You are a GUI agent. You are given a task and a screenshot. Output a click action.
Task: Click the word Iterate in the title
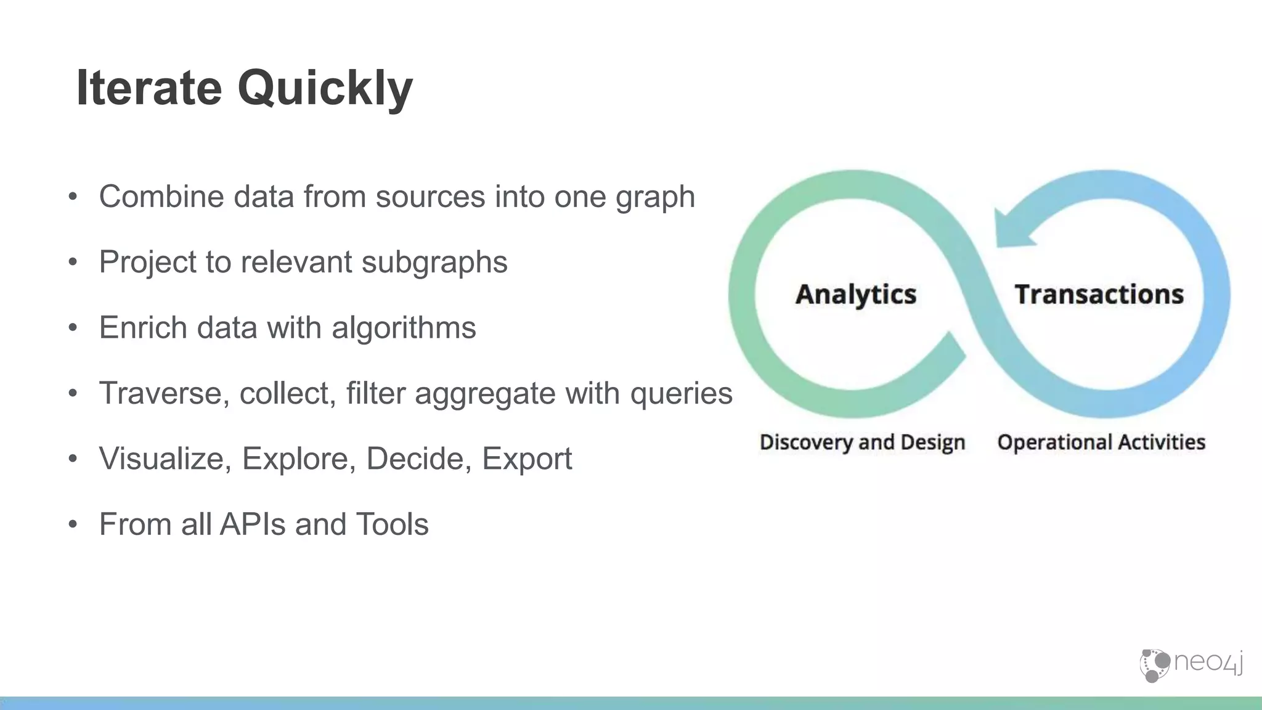tap(149, 88)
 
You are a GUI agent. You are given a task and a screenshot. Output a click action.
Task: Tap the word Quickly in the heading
tap(325, 89)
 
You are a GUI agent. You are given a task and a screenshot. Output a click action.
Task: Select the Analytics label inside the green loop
tap(856, 294)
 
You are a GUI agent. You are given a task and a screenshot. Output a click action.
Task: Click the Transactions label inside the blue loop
tap(1099, 294)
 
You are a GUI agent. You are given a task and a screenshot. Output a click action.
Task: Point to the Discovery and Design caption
tap(862, 442)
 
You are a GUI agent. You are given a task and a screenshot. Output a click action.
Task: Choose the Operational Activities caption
tap(1101, 442)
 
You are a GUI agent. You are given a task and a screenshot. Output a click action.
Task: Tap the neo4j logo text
tap(1208, 663)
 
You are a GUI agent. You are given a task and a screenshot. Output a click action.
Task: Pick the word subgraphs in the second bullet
tap(434, 263)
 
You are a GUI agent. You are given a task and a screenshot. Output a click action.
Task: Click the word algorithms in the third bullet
tap(404, 327)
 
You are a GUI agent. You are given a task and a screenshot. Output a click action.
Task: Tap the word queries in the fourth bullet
tap(681, 393)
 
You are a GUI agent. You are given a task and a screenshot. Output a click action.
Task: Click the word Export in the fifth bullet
tap(527, 459)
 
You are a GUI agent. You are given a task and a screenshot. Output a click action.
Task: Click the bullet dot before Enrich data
tap(73, 328)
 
